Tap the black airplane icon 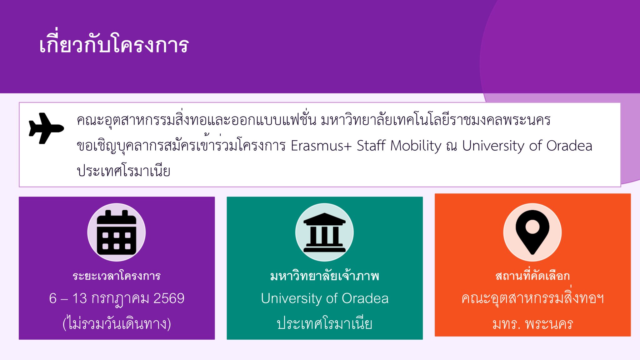click(46, 128)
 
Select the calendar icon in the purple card click(117, 232)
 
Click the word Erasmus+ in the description click(321, 146)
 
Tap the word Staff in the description click(371, 146)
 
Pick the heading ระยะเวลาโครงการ click(117, 276)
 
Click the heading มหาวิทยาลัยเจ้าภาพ click(325, 276)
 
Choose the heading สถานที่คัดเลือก click(532, 275)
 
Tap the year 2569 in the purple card click(169, 298)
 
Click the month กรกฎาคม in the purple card click(120, 299)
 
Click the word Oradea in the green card click(365, 298)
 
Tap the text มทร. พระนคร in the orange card click(532, 324)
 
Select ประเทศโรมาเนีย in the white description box click(123, 171)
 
